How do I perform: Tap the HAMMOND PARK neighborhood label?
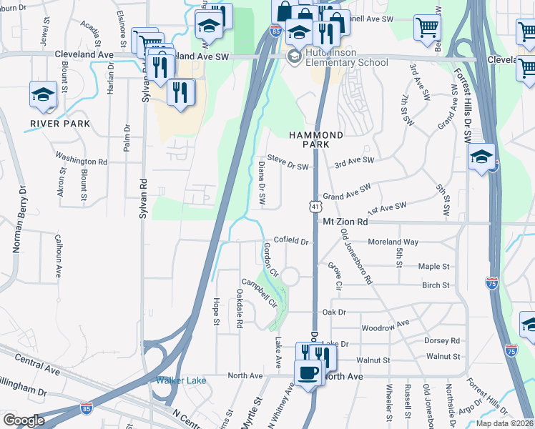click(316, 139)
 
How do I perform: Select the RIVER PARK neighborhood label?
click(60, 124)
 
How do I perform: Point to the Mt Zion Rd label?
click(345, 222)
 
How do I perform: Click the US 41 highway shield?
click(314, 206)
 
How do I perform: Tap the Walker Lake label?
click(182, 380)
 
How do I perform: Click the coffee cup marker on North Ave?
click(308, 373)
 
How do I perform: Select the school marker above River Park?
click(43, 94)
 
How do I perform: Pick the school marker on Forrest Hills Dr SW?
click(481, 157)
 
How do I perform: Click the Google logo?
click(24, 420)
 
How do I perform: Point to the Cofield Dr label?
click(290, 242)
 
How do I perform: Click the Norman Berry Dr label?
click(18, 220)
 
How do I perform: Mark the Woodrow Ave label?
click(386, 324)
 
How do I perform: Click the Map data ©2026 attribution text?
click(504, 423)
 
